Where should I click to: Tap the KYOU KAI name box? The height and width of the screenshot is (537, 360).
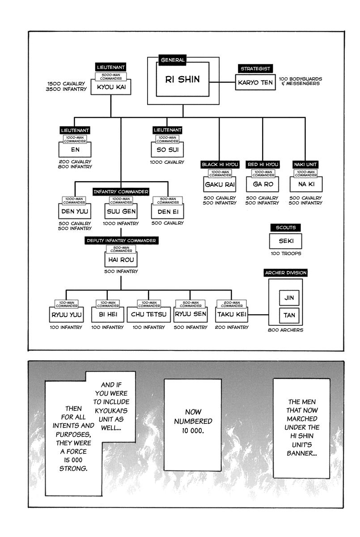coord(111,87)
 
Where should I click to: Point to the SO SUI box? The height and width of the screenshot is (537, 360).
coord(167,149)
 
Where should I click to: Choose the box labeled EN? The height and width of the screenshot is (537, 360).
coord(75,150)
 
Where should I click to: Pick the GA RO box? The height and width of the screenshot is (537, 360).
coord(262,184)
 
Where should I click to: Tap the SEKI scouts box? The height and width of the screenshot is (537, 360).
coord(285,242)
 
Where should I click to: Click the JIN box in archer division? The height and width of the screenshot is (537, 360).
coord(289,297)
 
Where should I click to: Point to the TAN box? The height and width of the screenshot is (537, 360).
coord(289,315)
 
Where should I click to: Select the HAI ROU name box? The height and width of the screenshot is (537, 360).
coord(120,259)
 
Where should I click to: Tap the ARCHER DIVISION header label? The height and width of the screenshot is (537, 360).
coord(285,272)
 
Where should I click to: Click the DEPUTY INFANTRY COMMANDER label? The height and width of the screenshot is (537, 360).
coord(121,240)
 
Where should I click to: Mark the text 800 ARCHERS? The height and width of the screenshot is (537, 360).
coord(285,330)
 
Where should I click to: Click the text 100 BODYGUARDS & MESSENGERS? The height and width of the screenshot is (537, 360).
coord(300,81)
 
